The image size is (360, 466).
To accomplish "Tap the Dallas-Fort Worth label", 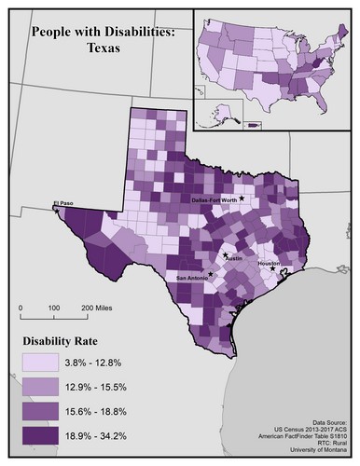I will coord(213,199).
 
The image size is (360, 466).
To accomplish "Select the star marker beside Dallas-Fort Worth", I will coord(242,198).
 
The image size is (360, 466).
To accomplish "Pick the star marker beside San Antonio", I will coord(212,273).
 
